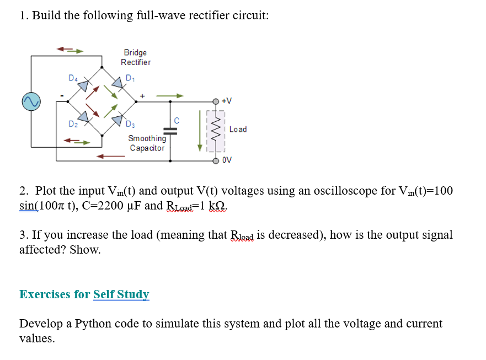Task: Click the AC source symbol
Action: pyautogui.click(x=31, y=101)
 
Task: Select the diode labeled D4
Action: pyautogui.click(x=83, y=85)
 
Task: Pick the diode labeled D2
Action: pyautogui.click(x=83, y=116)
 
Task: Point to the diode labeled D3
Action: pyautogui.click(x=118, y=118)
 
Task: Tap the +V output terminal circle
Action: pyautogui.click(x=217, y=101)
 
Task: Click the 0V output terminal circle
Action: pyautogui.click(x=217, y=161)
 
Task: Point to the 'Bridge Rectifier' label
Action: pyautogui.click(x=135, y=57)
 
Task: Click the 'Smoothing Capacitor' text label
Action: pyautogui.click(x=147, y=143)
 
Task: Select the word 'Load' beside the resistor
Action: pyautogui.click(x=238, y=130)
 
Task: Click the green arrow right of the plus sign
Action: pyautogui.click(x=169, y=95)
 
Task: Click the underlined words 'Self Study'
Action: pyautogui.click(x=121, y=294)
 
